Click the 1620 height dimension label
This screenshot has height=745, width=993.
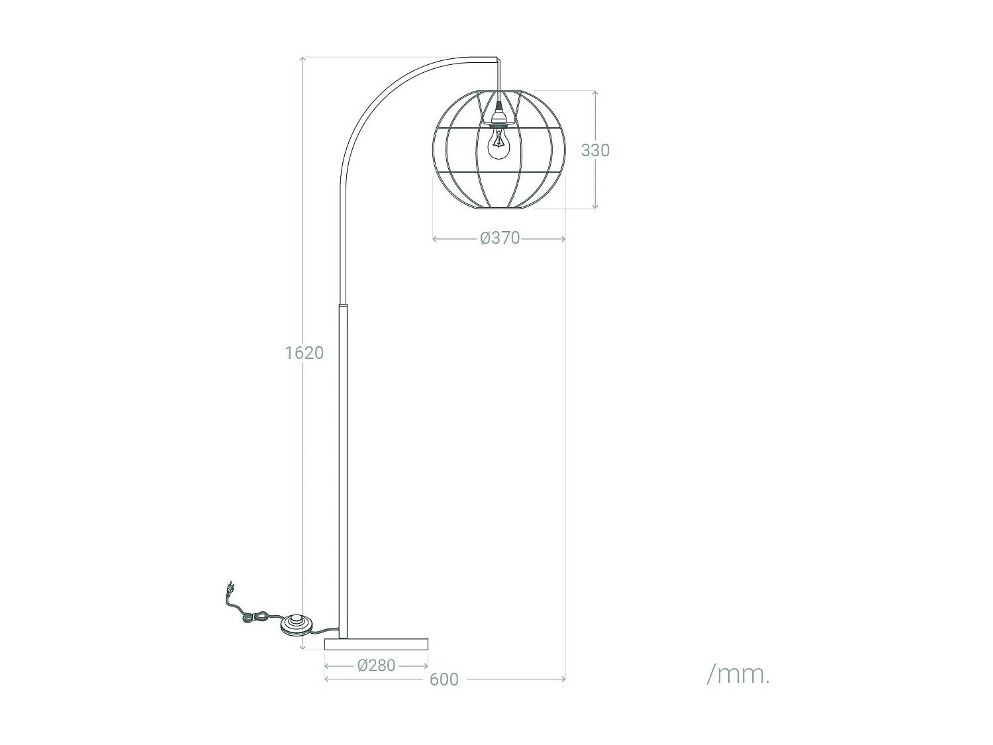click(x=304, y=353)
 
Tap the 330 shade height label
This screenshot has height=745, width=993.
click(x=595, y=150)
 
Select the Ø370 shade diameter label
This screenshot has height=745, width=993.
click(x=500, y=238)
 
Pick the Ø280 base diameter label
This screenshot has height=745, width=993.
click(x=377, y=666)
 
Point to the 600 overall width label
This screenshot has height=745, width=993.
click(x=444, y=679)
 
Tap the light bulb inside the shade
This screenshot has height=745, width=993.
click(x=499, y=144)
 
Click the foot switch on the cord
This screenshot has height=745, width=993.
click(x=296, y=624)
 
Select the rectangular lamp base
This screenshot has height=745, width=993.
click(x=377, y=644)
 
